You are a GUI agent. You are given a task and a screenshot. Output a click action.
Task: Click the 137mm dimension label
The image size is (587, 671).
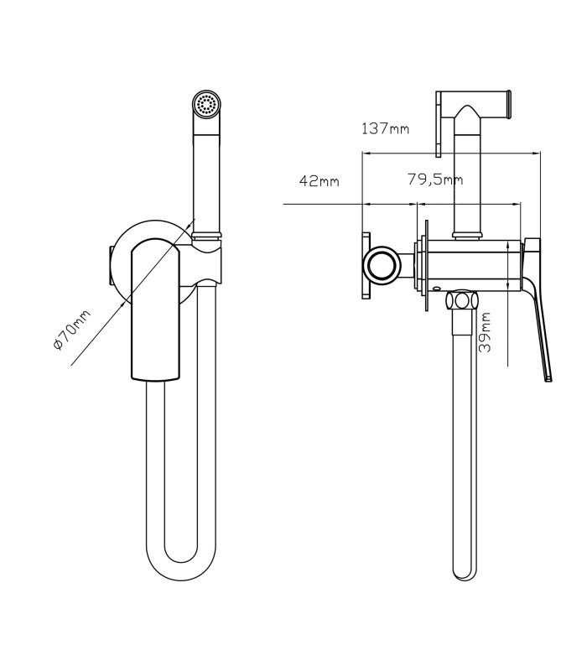click(x=386, y=128)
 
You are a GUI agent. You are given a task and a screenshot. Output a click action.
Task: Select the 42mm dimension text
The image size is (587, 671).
click(x=319, y=181)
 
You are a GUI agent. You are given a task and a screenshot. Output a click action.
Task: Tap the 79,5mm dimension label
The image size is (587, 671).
click(x=434, y=179)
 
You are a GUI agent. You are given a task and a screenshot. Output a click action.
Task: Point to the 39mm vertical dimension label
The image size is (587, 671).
click(x=485, y=332)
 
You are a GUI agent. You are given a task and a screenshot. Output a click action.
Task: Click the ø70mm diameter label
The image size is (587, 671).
click(x=72, y=330)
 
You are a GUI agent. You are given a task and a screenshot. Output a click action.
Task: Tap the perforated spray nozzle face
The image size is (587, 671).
click(x=205, y=103)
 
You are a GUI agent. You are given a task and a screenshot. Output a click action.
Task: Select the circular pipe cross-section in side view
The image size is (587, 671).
click(x=382, y=266)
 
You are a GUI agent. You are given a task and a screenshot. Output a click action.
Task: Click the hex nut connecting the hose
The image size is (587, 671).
click(x=461, y=300)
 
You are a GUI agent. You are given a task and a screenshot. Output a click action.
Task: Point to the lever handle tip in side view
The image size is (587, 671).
click(x=548, y=378)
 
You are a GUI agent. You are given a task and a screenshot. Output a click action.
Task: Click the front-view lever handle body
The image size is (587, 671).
click(x=156, y=309)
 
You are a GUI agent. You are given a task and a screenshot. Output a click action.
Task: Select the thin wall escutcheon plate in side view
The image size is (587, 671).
click(x=426, y=266)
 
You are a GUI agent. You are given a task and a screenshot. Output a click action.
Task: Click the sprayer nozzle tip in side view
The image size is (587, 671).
click(x=509, y=104)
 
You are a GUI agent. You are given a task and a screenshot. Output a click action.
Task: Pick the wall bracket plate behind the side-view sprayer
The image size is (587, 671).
click(x=438, y=124)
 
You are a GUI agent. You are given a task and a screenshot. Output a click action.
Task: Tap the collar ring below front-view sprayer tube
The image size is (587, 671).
click(x=207, y=235)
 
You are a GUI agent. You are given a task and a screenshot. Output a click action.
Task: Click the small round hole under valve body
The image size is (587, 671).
click(x=436, y=289)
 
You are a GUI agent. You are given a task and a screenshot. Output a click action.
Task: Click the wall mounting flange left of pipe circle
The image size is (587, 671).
click(x=366, y=266)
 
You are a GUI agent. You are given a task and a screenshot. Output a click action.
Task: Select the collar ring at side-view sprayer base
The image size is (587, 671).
click(x=468, y=235)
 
